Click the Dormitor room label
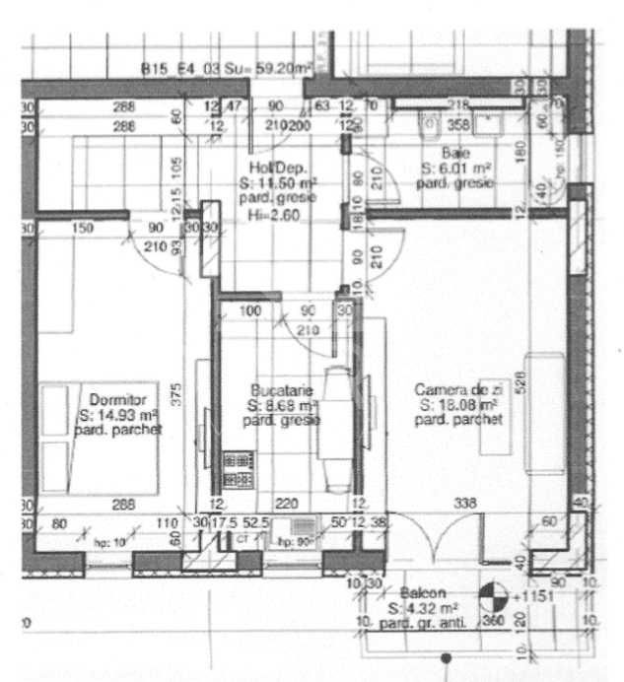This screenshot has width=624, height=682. tap(117, 400)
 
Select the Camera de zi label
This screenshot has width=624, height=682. tap(457, 389)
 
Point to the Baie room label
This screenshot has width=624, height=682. tap(455, 153)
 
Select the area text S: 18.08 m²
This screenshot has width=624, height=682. tap(456, 404)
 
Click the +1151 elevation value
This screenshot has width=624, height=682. tap(529, 596)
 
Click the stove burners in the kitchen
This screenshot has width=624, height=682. tap(238, 469)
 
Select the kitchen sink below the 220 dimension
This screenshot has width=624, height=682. tap(300, 527)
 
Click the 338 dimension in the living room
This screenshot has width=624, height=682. tap(464, 504)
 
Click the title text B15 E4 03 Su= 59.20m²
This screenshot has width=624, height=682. tap(226, 69)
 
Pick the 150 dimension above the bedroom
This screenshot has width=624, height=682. tap(83, 229)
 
